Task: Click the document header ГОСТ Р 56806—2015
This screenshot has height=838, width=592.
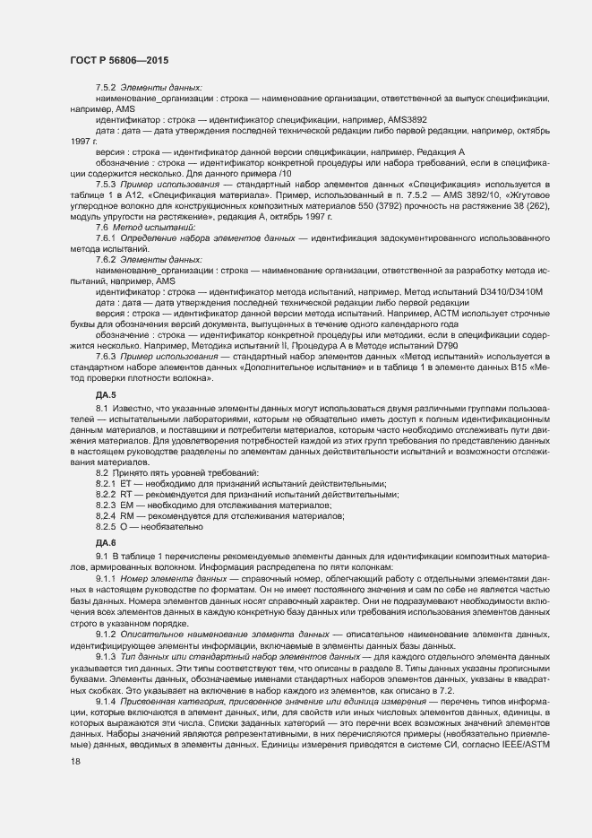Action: pyautogui.click(x=118, y=59)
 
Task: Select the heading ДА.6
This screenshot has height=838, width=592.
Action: pyautogui.click(x=106, y=543)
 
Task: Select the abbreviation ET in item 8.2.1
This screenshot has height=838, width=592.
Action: pyautogui.click(x=126, y=484)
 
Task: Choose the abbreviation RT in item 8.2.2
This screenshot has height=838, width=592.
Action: pyautogui.click(x=126, y=495)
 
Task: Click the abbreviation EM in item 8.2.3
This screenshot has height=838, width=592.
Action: pyautogui.click(x=126, y=505)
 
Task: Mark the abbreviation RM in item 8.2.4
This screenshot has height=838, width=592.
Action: pyautogui.click(x=126, y=516)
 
